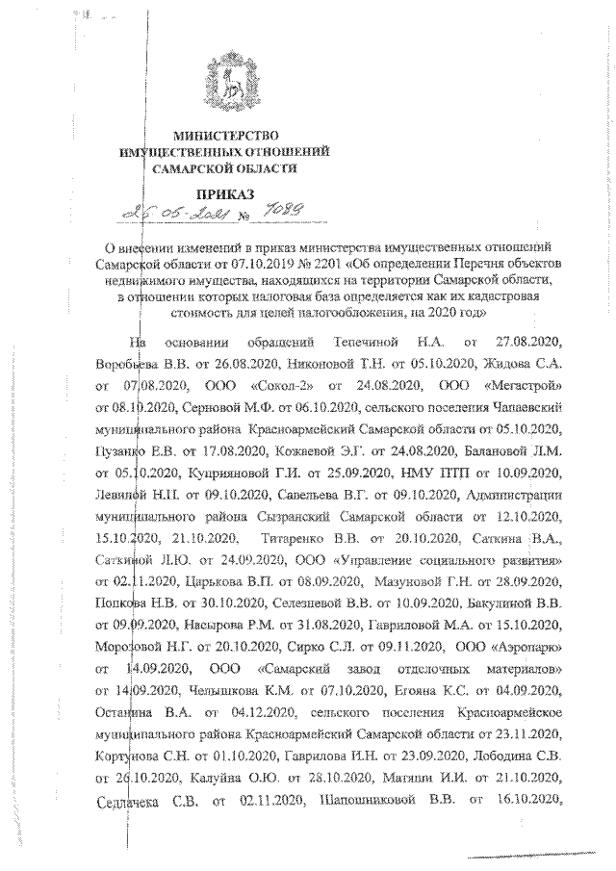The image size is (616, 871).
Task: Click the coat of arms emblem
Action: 229,80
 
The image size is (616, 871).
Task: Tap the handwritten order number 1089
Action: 302,215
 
